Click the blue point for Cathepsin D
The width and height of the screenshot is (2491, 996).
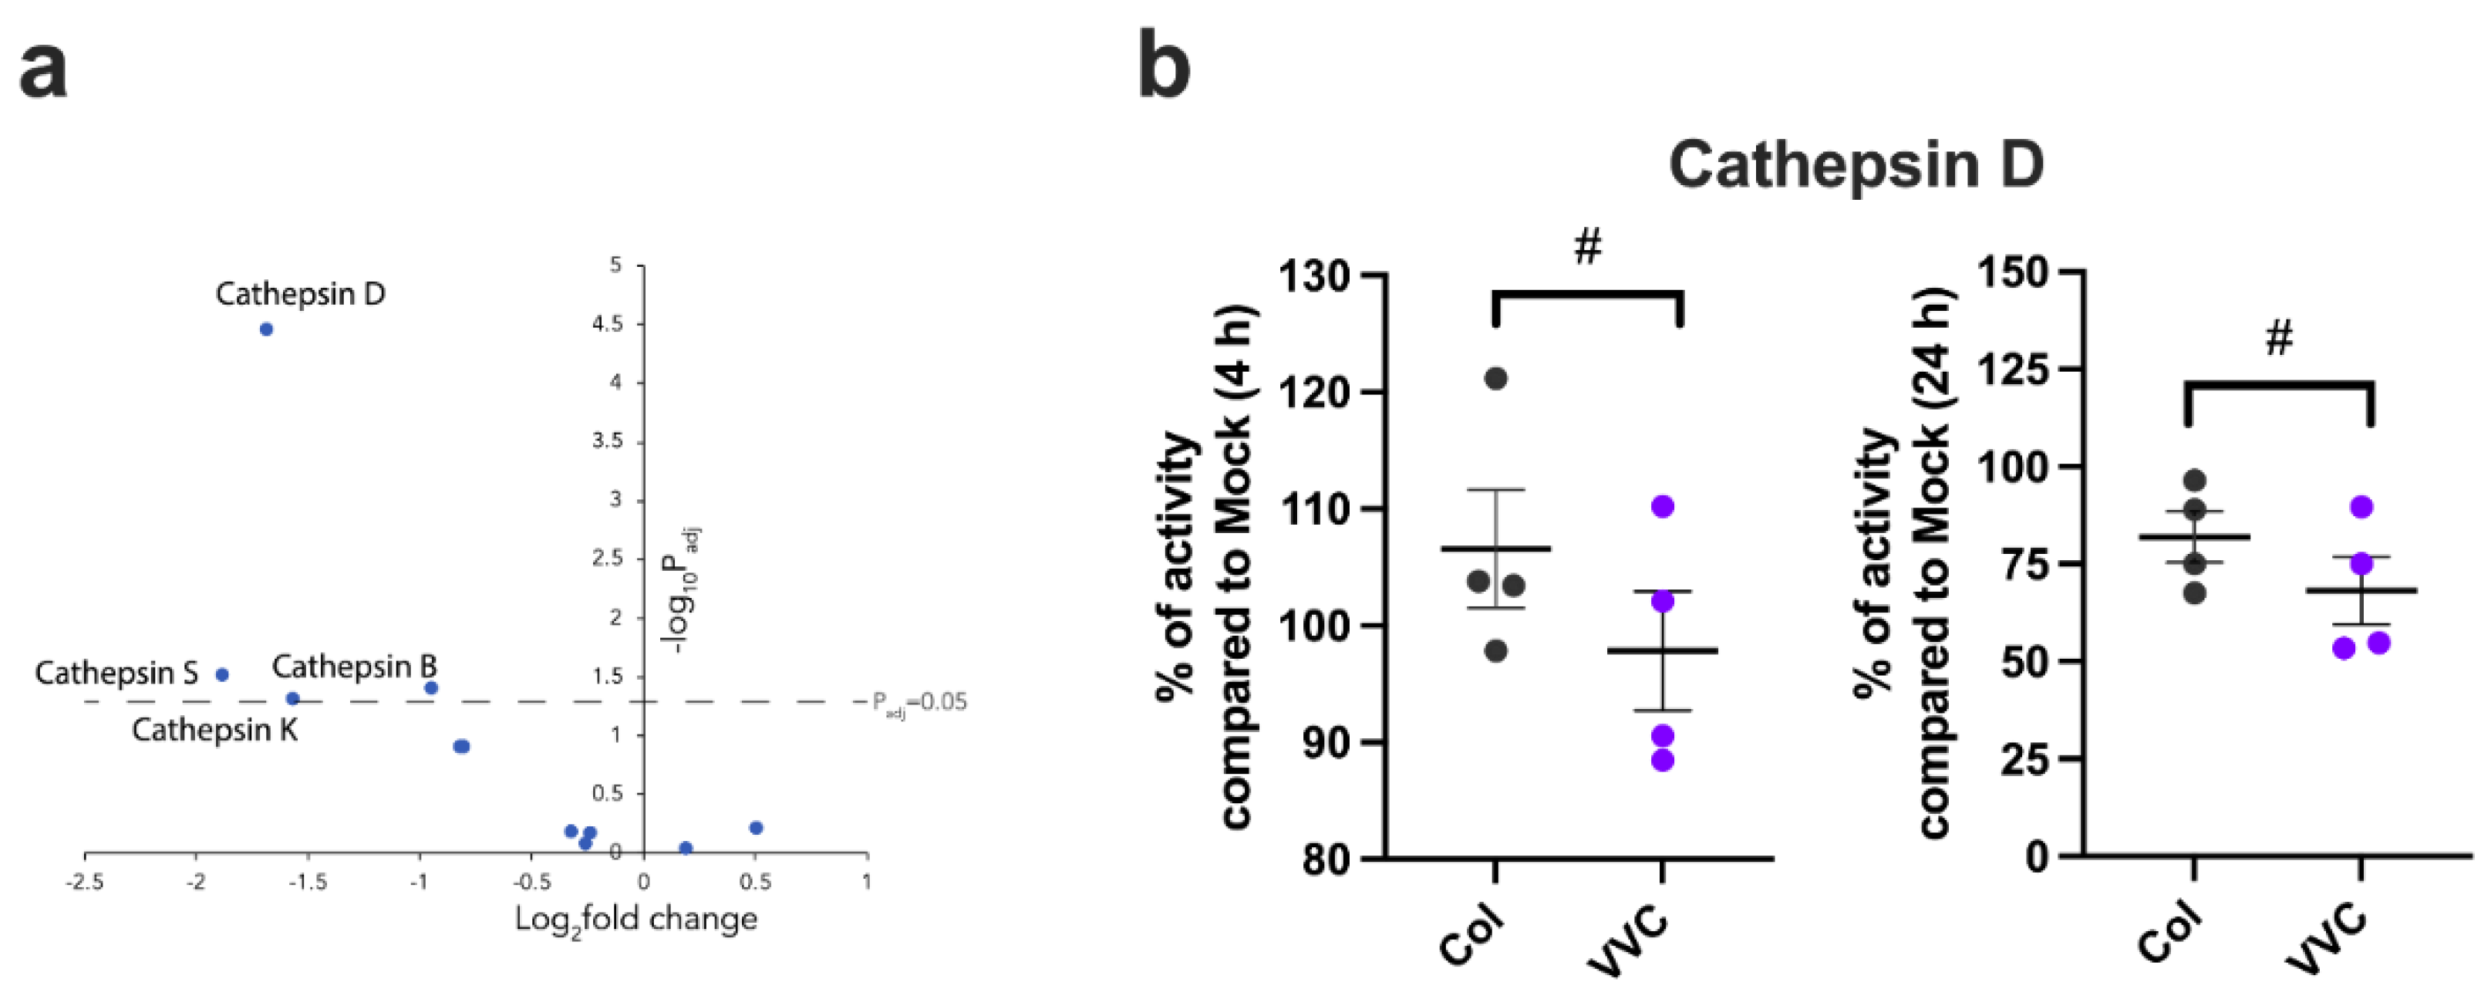coord(266,329)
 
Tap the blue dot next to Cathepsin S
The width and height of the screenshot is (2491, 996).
coord(221,675)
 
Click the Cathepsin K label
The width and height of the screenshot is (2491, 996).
coord(214,730)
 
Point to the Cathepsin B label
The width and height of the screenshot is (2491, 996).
coord(354,667)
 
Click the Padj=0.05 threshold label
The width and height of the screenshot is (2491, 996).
coord(919,703)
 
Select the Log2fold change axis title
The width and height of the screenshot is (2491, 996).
coord(635,920)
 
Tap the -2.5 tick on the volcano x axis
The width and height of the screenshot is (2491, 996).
coord(85,882)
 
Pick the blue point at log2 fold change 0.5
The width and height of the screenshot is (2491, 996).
coord(757,828)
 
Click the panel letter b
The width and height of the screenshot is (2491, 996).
coord(1165,66)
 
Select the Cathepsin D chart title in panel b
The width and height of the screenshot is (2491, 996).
coord(1856,164)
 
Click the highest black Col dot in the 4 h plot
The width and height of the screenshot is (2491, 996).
coord(1495,378)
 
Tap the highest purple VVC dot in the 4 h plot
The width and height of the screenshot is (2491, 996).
coord(1662,507)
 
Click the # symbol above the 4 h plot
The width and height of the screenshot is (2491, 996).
coord(1588,248)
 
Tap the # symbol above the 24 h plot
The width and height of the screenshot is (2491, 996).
coord(2279,339)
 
